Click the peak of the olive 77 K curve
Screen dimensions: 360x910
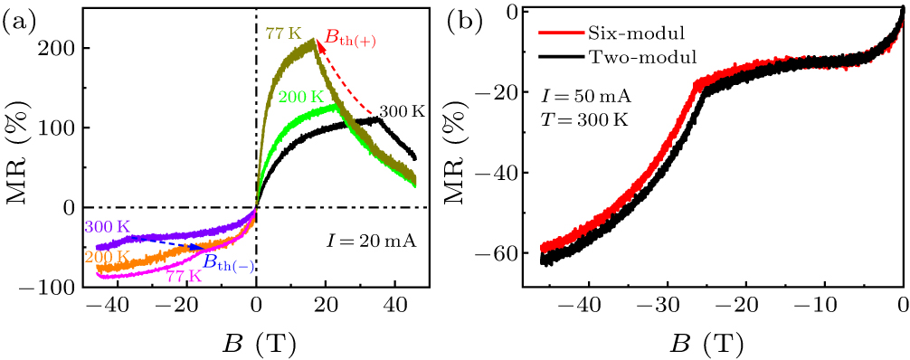[x=313, y=41]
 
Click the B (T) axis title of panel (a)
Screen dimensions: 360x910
[x=256, y=344]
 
